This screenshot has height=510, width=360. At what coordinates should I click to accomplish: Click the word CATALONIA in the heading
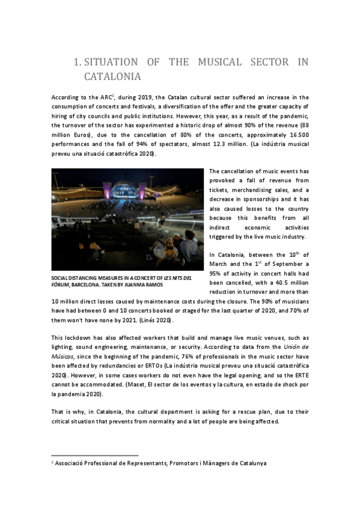(112, 76)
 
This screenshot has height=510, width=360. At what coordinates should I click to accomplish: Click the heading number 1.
(76, 62)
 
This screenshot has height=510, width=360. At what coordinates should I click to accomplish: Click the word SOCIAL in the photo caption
(61, 277)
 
